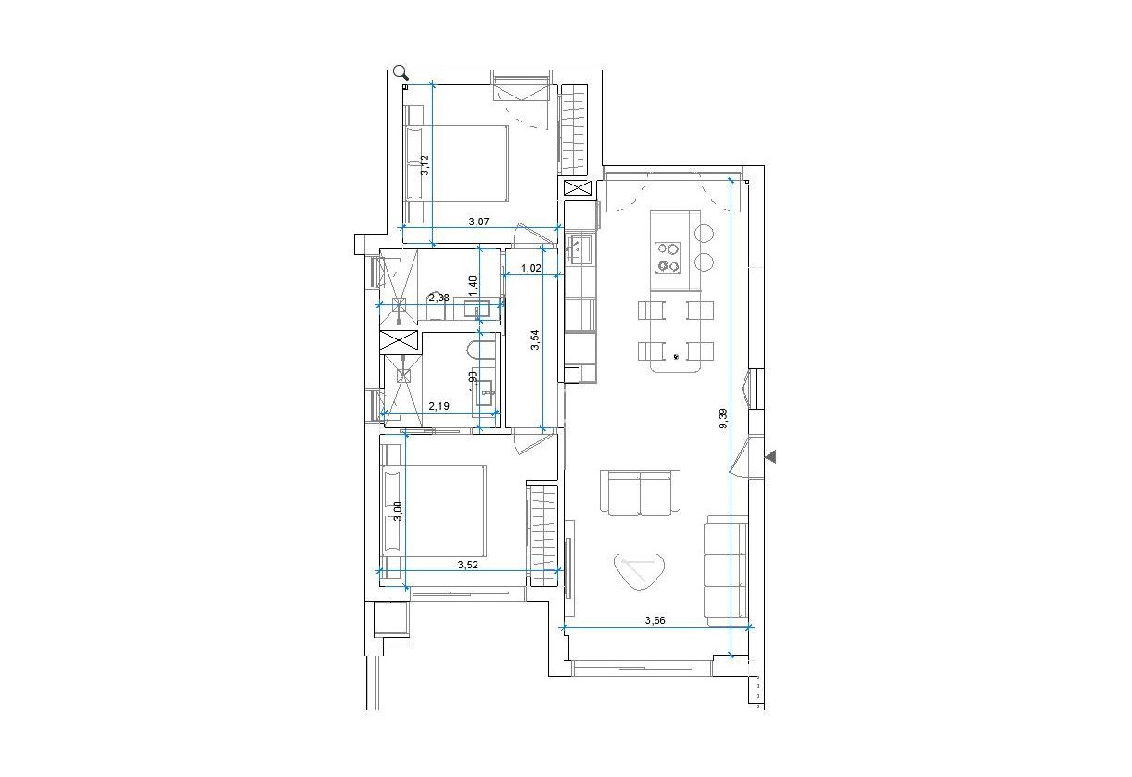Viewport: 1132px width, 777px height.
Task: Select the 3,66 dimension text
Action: (657, 620)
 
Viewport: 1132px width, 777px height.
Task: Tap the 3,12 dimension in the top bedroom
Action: (425, 165)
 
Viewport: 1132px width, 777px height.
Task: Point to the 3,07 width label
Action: (477, 222)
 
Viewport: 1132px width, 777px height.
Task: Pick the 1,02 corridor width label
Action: (531, 269)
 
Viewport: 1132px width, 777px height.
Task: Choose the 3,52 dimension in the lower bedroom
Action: (469, 563)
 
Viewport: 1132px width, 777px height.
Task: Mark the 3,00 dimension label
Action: (397, 512)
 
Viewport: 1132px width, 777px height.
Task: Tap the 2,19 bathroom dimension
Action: (439, 406)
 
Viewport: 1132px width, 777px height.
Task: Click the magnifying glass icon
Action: (401, 71)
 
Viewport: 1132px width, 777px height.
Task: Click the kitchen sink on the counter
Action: (579, 248)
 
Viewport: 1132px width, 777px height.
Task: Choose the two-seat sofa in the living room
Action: (641, 491)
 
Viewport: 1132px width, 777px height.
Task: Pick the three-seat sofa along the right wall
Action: (725, 570)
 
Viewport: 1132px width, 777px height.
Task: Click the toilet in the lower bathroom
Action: (480, 352)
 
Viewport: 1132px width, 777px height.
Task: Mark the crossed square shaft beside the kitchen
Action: (577, 188)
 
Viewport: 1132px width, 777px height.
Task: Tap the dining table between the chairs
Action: (677, 336)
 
